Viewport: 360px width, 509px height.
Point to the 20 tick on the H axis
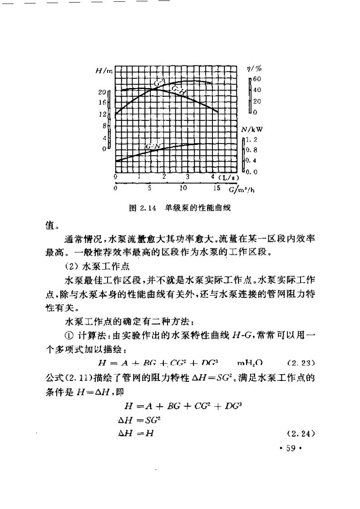(102, 92)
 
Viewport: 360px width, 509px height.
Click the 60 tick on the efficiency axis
(256, 79)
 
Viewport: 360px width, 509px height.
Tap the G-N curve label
(152, 147)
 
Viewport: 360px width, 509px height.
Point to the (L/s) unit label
(229, 177)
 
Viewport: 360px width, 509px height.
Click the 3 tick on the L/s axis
(187, 176)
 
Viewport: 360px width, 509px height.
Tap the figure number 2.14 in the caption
(149, 209)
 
